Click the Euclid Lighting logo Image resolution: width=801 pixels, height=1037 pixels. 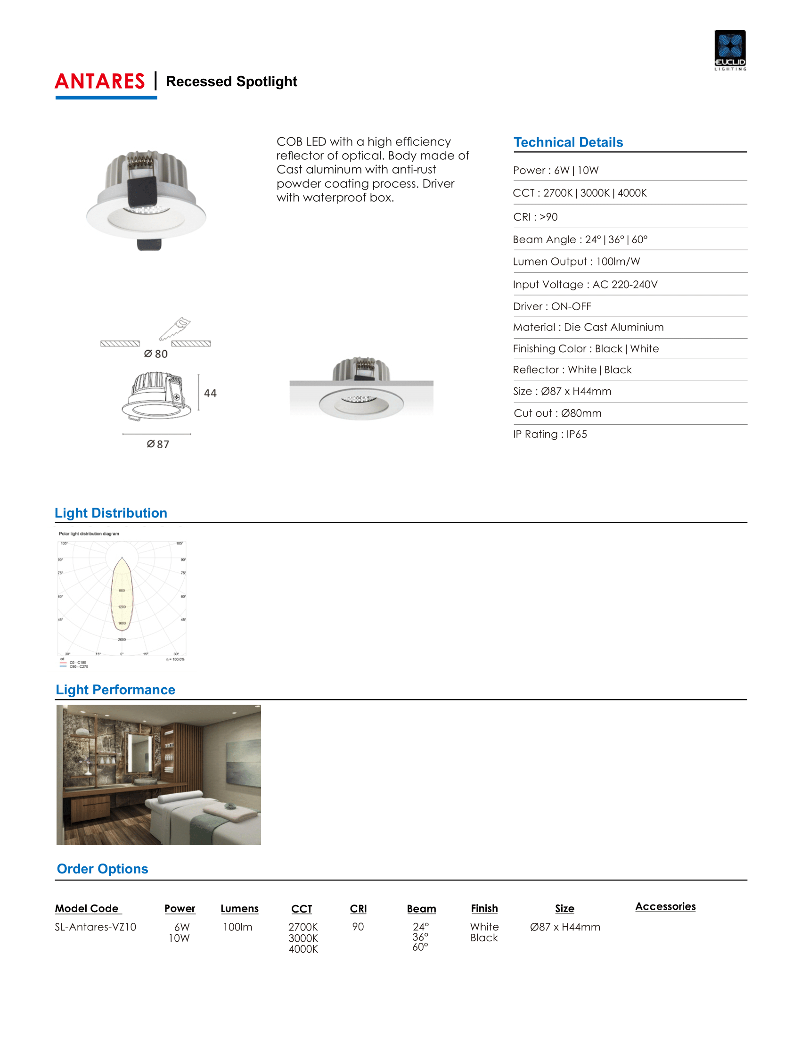729,50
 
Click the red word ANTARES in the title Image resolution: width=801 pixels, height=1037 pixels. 99,82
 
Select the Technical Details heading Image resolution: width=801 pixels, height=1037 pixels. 568,142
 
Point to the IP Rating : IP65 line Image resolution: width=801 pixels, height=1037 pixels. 549,435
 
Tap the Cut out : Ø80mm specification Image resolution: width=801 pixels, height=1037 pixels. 557,413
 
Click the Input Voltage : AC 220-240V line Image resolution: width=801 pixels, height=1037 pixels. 585,285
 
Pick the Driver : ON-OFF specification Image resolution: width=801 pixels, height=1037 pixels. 551,307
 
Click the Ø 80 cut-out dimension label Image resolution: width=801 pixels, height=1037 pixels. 155,354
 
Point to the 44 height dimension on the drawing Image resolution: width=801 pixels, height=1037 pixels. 210,393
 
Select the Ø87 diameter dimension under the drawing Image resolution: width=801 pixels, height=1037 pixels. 157,444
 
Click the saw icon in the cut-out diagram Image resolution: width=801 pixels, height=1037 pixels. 175,329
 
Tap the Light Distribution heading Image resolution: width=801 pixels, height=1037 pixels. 111,513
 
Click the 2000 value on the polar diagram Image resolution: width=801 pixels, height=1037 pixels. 122,640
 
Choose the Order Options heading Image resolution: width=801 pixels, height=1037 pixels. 103,869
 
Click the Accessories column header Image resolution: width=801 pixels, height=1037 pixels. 665,906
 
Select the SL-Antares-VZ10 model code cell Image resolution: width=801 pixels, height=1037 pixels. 95,927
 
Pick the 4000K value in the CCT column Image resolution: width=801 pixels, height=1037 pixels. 303,949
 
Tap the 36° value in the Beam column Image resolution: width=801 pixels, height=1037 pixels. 420,937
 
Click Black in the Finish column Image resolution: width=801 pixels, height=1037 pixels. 484,938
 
